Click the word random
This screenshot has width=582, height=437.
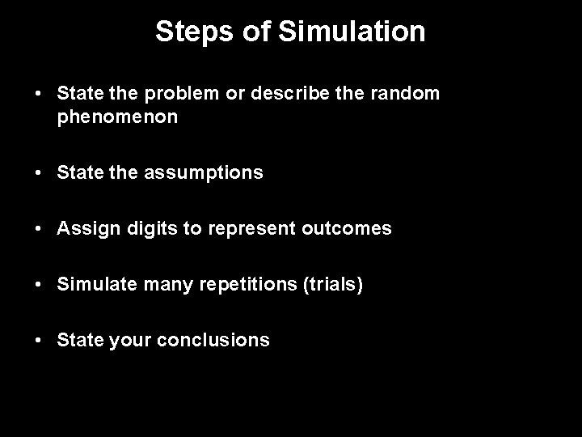(x=404, y=94)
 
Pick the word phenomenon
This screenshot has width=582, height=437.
(x=118, y=117)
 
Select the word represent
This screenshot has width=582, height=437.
(x=243, y=229)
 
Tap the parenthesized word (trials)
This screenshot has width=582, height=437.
(x=334, y=285)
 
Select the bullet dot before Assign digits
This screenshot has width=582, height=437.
(x=39, y=229)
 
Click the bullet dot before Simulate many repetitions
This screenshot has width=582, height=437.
(x=39, y=285)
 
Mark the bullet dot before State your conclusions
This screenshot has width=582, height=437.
(x=39, y=341)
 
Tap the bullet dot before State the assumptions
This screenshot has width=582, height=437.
(x=39, y=172)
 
